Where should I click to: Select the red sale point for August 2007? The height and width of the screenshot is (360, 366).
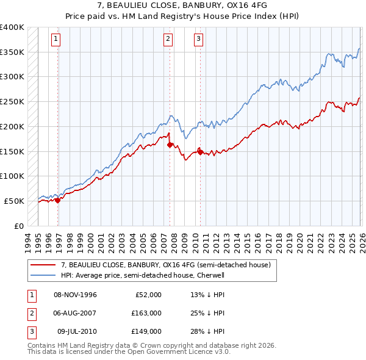(170, 145)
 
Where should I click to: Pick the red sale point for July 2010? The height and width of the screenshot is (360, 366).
(200, 151)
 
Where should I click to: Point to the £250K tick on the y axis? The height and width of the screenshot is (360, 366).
(12, 101)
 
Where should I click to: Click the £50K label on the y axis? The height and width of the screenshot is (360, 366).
(14, 201)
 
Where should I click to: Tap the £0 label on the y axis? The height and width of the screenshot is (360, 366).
(19, 226)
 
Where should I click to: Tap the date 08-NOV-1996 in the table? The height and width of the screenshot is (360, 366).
(75, 295)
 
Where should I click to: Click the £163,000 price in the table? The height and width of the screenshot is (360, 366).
(147, 313)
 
